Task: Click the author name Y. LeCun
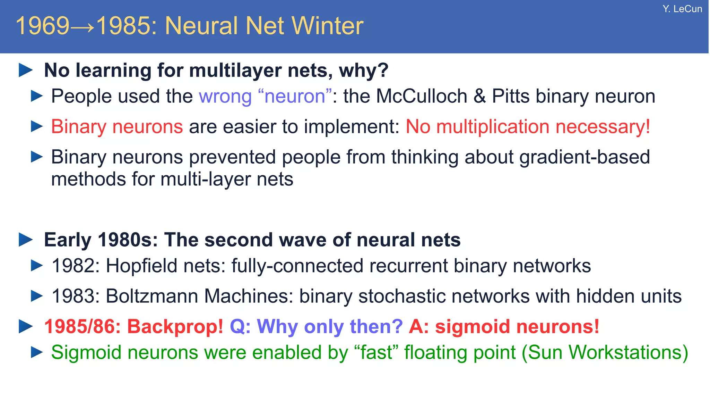click(682, 9)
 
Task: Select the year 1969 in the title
click(43, 26)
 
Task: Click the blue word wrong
click(225, 97)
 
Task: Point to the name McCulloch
click(422, 96)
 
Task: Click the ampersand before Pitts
click(479, 96)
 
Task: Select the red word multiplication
click(493, 127)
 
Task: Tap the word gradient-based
click(585, 157)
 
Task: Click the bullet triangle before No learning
click(26, 70)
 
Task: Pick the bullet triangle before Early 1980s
click(26, 240)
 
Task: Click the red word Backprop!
click(175, 327)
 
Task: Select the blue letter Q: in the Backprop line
click(240, 327)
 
